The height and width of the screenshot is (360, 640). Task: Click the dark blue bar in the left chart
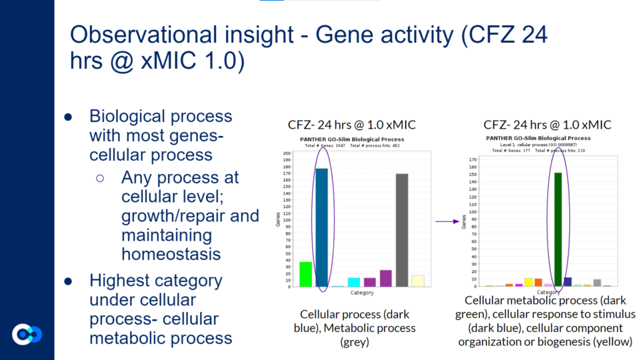321,227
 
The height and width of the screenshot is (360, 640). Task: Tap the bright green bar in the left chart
305,274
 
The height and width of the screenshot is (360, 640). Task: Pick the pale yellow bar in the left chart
418,281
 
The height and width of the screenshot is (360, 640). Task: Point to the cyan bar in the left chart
353,282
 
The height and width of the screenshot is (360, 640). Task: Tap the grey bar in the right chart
597,283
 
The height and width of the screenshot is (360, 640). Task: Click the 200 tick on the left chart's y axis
287,153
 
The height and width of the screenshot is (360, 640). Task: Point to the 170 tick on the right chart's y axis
473,160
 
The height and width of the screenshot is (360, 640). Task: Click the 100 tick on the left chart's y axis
287,220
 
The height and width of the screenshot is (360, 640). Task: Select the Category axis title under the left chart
362,293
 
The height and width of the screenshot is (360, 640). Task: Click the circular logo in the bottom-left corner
27,334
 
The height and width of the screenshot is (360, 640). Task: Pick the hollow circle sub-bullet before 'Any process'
100,179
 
